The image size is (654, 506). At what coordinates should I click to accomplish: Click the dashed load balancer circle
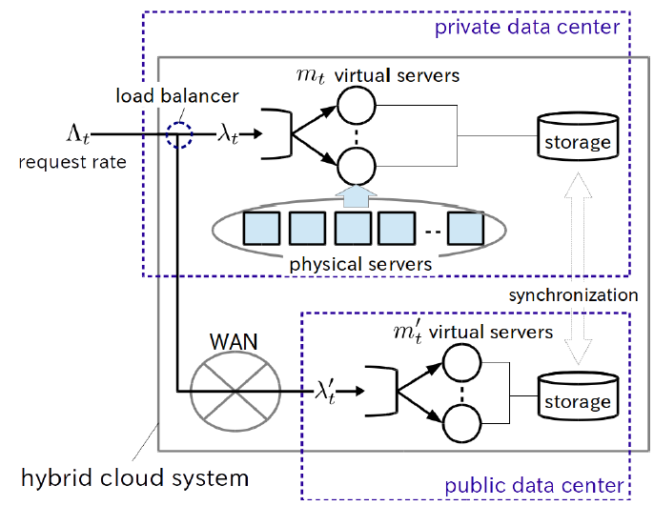point(177,135)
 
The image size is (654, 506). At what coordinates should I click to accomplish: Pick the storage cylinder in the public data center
point(577,395)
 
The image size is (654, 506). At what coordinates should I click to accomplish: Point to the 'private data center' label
point(527,26)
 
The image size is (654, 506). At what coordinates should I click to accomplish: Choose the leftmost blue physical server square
point(262,229)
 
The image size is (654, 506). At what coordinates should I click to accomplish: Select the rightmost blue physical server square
point(467,229)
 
